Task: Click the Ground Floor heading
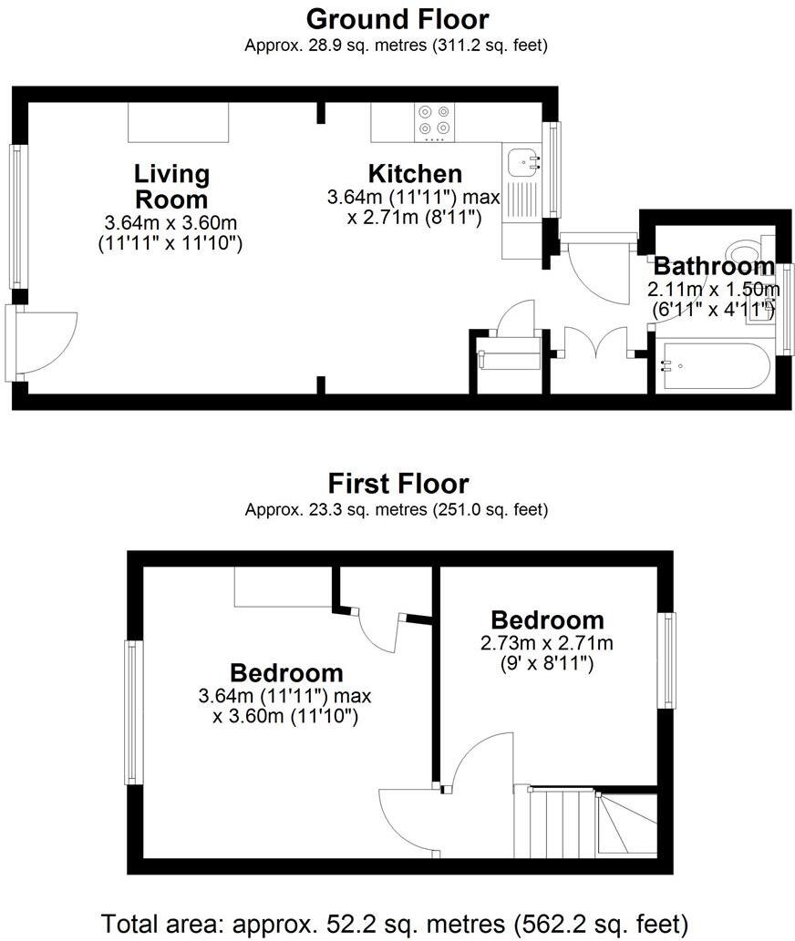click(x=397, y=18)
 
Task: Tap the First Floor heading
click(x=397, y=483)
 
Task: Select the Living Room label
click(x=171, y=186)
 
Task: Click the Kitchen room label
click(x=415, y=173)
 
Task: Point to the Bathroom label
click(x=714, y=267)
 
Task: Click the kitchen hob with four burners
click(x=435, y=122)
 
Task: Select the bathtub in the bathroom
click(x=716, y=367)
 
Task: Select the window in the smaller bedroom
click(x=670, y=660)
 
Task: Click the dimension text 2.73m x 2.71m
click(x=547, y=643)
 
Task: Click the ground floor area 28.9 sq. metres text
click(x=397, y=44)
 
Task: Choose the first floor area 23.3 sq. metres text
click(x=397, y=509)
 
